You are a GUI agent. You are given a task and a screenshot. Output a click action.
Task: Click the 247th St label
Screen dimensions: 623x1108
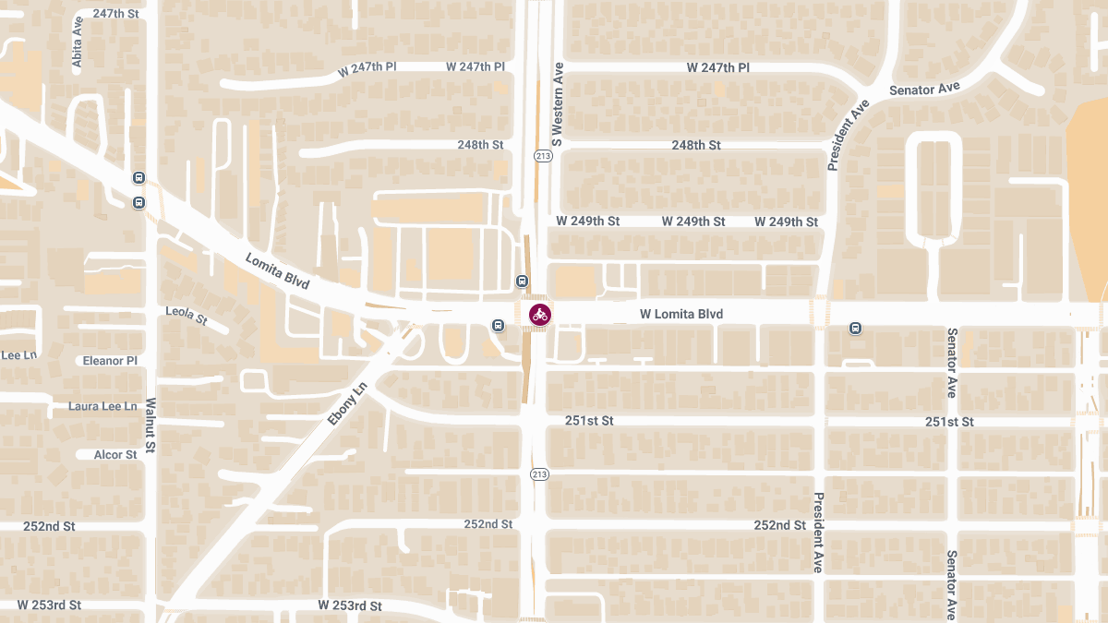tap(115, 14)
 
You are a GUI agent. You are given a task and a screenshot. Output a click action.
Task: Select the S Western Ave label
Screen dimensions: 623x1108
tap(557, 104)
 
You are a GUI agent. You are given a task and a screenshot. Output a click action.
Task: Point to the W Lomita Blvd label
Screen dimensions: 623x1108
tap(681, 315)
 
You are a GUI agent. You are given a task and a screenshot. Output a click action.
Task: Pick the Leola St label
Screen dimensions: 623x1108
tap(187, 316)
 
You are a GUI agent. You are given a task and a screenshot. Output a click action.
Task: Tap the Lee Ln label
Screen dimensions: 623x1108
tap(18, 354)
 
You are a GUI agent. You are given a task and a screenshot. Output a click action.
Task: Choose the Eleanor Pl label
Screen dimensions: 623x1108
tap(110, 360)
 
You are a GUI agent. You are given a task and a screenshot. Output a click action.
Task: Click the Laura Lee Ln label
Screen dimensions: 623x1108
tap(102, 406)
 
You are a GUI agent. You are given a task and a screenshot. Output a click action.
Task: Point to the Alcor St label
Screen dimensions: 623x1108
tap(115, 455)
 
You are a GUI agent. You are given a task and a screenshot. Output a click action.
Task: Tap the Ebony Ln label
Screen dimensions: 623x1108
tap(347, 403)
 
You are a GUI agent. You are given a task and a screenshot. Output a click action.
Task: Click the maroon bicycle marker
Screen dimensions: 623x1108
tap(540, 315)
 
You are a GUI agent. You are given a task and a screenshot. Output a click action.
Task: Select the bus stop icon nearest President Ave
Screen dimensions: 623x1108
tap(855, 328)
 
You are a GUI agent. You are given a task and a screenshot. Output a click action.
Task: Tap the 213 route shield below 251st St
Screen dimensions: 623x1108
tap(539, 474)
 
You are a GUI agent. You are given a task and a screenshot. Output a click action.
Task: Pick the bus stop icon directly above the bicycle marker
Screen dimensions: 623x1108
tap(522, 282)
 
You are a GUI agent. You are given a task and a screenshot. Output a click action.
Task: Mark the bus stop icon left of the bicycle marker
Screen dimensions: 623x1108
tap(499, 325)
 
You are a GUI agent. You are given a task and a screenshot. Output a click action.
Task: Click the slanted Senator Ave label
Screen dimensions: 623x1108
tap(924, 89)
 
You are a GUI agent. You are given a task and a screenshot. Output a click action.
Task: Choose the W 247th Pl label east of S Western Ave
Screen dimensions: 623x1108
tap(718, 68)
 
